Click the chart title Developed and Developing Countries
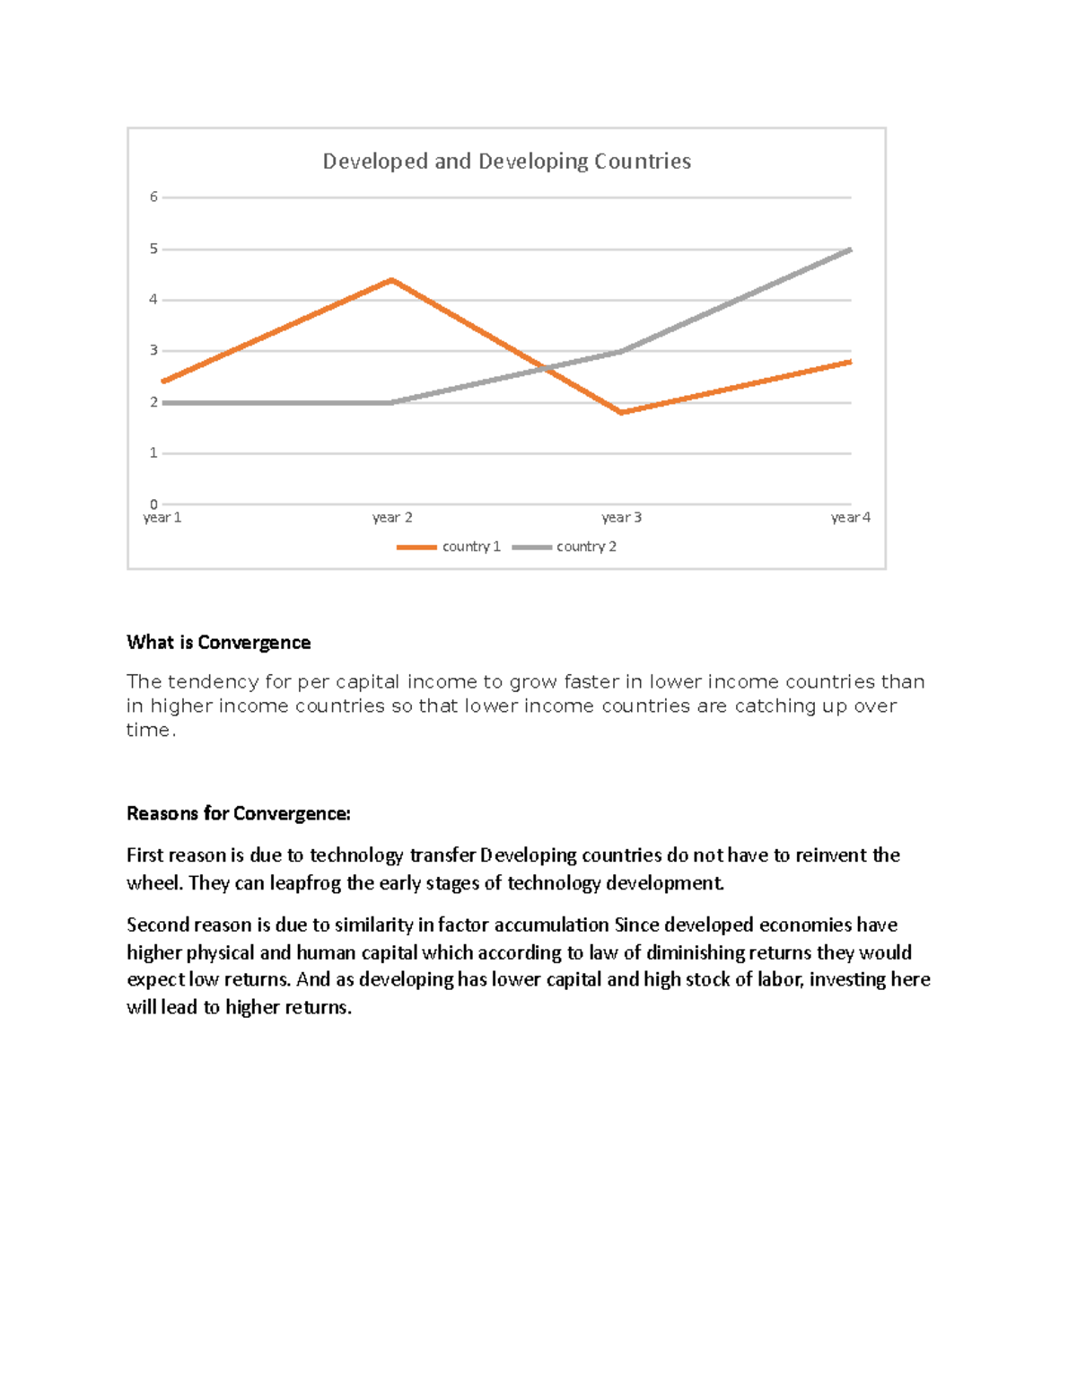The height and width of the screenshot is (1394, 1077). pyautogui.click(x=506, y=162)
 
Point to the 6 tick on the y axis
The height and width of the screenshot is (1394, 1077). pyautogui.click(x=153, y=197)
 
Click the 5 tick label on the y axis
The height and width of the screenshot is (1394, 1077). pyautogui.click(x=153, y=249)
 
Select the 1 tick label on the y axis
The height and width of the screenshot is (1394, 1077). pyautogui.click(x=153, y=453)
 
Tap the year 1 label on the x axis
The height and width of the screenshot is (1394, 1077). pyautogui.click(x=162, y=518)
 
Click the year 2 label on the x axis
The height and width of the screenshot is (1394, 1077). pyautogui.click(x=392, y=518)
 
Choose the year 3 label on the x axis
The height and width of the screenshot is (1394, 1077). pyautogui.click(x=621, y=518)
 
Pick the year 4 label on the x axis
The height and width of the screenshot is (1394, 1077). pyautogui.click(x=850, y=518)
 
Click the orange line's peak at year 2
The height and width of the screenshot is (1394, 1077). pyautogui.click(x=392, y=280)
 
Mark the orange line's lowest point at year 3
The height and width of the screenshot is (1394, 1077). pyautogui.click(x=621, y=413)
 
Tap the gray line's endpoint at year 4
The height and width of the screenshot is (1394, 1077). pyautogui.click(x=850, y=250)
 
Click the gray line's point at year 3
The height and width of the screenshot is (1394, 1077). pyautogui.click(x=621, y=351)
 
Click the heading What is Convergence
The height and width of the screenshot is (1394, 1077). pyautogui.click(x=218, y=643)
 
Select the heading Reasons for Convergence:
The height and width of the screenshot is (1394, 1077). pyautogui.click(x=238, y=814)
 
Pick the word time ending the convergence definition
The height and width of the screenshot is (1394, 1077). pyautogui.click(x=148, y=731)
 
